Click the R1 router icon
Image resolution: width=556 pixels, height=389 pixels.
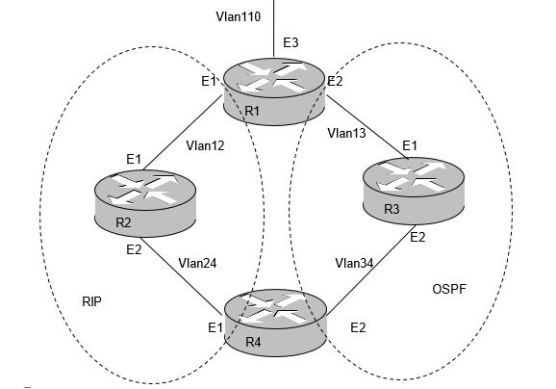click(x=274, y=91)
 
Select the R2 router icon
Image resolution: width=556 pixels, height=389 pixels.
click(x=145, y=203)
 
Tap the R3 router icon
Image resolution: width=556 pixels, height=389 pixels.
click(x=414, y=191)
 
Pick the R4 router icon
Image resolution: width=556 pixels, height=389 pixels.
click(x=275, y=323)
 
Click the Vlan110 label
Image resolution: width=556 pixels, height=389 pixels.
click(x=239, y=16)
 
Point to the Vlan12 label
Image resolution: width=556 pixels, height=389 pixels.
click(x=205, y=145)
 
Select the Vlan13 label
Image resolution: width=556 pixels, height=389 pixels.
click(x=346, y=133)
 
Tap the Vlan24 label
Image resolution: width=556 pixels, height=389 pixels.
click(x=197, y=263)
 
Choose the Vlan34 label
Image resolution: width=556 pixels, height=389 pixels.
click(x=354, y=263)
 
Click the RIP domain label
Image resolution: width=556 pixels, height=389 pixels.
click(x=91, y=301)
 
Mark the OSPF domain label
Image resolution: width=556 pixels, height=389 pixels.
click(x=449, y=289)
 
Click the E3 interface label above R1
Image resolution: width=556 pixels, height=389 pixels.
click(x=291, y=42)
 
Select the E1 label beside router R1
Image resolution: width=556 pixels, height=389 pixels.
click(x=209, y=81)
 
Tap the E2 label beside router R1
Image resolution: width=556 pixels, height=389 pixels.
click(x=335, y=81)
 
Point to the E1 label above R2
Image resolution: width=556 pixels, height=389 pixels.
click(x=134, y=159)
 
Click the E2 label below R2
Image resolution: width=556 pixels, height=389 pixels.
click(x=134, y=250)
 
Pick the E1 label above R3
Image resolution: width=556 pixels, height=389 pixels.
click(x=410, y=145)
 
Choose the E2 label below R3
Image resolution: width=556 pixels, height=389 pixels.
click(x=417, y=237)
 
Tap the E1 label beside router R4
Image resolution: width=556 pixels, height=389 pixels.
click(x=215, y=327)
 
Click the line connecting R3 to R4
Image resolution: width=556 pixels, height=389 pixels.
click(x=371, y=271)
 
